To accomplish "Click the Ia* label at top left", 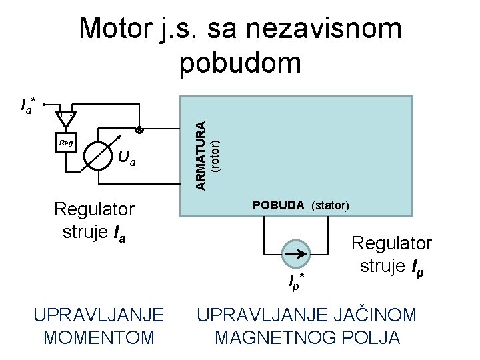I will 29,105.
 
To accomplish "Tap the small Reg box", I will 66,143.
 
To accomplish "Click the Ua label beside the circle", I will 127,159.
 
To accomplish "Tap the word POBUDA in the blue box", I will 279,205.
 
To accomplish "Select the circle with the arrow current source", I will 295,253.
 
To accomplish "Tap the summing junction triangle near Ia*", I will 65,117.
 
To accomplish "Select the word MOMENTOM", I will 98,337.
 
